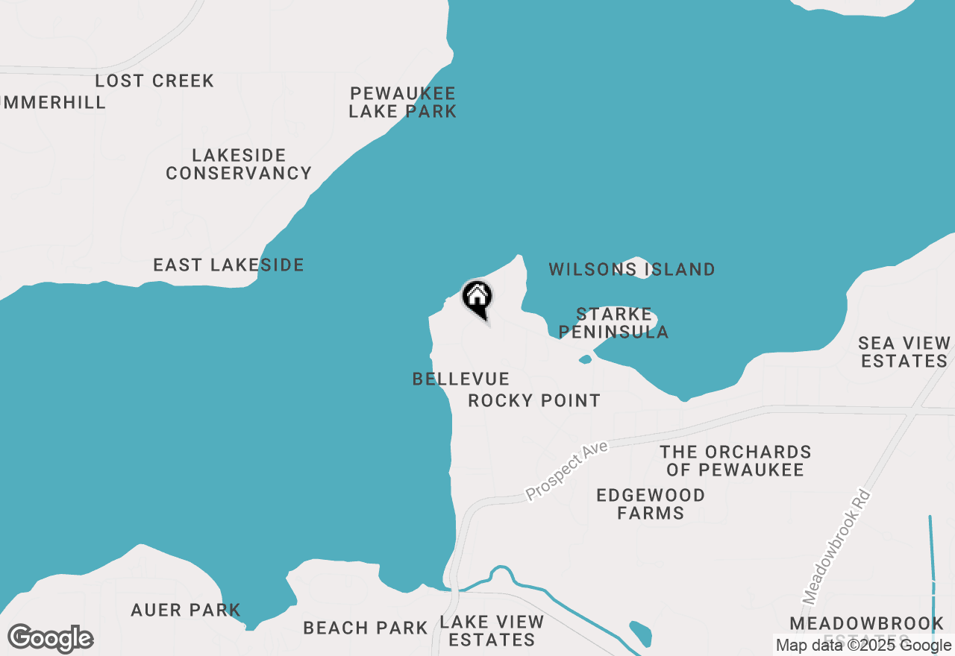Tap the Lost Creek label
click(x=154, y=81)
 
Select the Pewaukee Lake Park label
click(x=403, y=103)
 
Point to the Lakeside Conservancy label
click(x=239, y=164)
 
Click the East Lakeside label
click(x=228, y=265)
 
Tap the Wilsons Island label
click(x=632, y=269)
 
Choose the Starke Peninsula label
click(x=614, y=323)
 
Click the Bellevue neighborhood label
click(x=461, y=379)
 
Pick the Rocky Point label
click(x=534, y=401)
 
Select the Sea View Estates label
click(x=903, y=352)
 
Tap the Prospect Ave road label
click(x=567, y=470)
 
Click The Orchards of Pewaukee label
click(x=736, y=461)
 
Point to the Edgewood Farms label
click(x=651, y=504)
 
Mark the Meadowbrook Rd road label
click(x=837, y=546)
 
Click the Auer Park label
click(x=186, y=610)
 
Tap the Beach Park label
click(x=366, y=628)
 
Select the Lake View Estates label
click(x=492, y=631)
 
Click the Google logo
click(x=51, y=639)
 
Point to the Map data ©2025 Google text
click(x=863, y=646)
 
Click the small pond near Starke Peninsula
click(x=585, y=359)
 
